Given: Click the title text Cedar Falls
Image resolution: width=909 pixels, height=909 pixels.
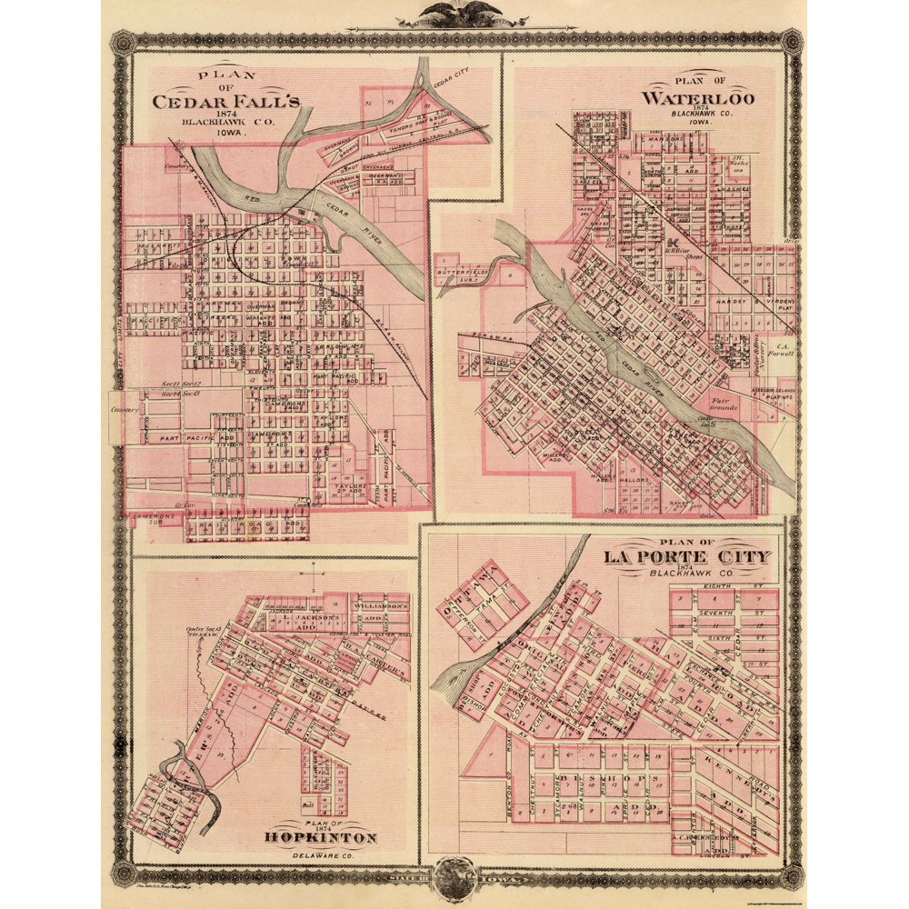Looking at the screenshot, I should (x=225, y=102).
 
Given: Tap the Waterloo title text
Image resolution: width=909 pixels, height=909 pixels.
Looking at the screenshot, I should (x=697, y=97).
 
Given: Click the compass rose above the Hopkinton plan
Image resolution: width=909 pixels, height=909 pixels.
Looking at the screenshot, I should (x=313, y=575).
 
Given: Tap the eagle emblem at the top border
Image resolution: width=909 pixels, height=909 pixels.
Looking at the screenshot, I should (x=454, y=14).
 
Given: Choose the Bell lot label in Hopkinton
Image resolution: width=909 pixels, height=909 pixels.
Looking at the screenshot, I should (x=308, y=804).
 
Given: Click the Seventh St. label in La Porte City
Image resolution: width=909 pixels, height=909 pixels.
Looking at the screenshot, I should (x=721, y=609).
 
